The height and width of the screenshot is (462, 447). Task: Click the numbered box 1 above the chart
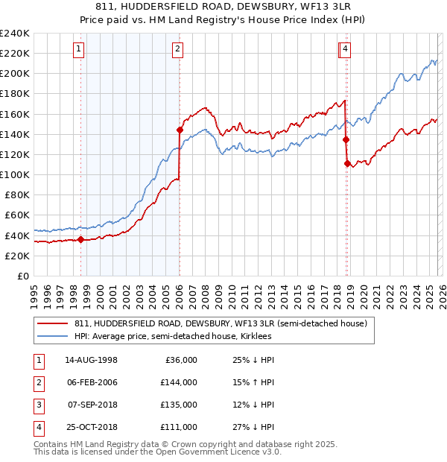click(79, 50)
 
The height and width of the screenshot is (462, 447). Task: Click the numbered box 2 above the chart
click(178, 50)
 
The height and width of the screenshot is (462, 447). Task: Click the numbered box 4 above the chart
click(347, 50)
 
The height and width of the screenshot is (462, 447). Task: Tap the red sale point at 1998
click(80, 239)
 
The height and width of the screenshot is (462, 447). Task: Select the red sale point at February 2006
click(180, 130)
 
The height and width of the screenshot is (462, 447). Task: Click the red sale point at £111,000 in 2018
click(347, 163)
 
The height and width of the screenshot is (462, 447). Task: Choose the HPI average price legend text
click(173, 337)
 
